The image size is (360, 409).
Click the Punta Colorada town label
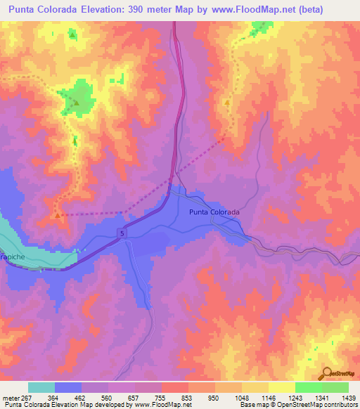point(214,212)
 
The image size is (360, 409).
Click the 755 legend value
point(162,396)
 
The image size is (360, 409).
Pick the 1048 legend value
point(242,396)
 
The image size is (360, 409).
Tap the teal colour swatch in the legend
point(41,387)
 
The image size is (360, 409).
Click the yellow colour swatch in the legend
point(282,387)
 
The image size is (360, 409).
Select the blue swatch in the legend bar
point(68,387)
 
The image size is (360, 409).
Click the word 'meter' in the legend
point(10,396)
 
